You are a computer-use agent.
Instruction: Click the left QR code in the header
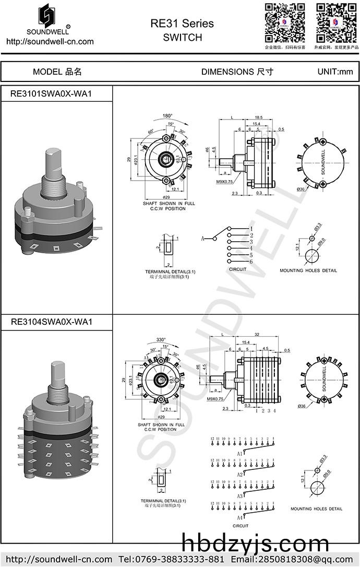click(285, 22)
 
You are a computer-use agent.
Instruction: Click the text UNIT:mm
click(335, 72)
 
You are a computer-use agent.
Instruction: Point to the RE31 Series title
click(182, 23)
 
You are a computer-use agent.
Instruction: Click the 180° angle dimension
click(167, 115)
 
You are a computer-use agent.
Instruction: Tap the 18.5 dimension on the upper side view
click(258, 119)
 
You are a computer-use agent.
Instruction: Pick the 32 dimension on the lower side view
click(257, 335)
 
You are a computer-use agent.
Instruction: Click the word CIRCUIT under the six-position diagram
click(237, 269)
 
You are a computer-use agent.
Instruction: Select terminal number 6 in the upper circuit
click(251, 261)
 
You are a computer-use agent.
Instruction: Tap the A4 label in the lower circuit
click(240, 517)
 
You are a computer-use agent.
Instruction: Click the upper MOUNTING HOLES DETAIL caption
click(308, 270)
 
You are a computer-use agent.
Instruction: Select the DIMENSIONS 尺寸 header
click(237, 72)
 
